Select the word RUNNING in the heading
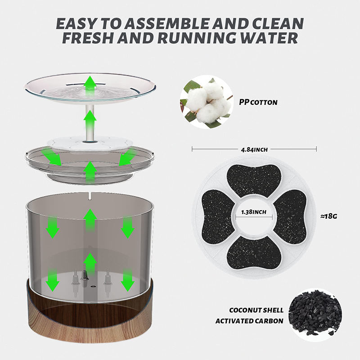pyautogui.click(x=197, y=38)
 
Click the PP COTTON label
pyautogui.click(x=258, y=102)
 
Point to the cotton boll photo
pyautogui.click(x=207, y=102)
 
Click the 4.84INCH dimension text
pyautogui.click(x=254, y=150)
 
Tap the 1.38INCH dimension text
pyautogui.click(x=254, y=212)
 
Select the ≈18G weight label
pyautogui.click(x=329, y=216)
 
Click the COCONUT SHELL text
pyautogui.click(x=256, y=310)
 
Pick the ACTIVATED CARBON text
pyautogui.click(x=249, y=321)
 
